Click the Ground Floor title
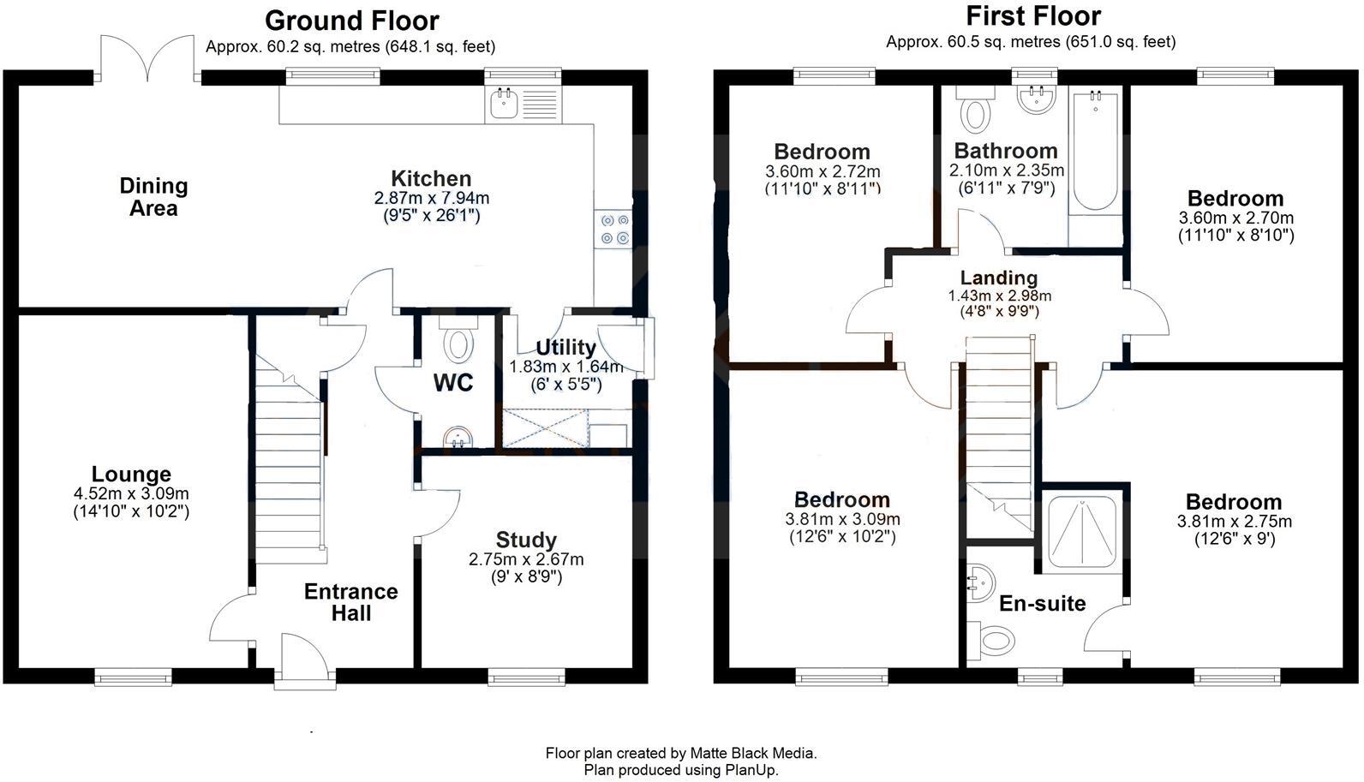pyautogui.click(x=351, y=20)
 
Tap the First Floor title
pyautogui.click(x=1032, y=15)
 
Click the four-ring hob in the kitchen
pyautogui.click(x=614, y=229)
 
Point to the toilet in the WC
pyautogui.click(x=459, y=344)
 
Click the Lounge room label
pyautogui.click(x=131, y=475)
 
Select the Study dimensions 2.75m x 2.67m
pyautogui.click(x=526, y=559)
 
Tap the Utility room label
pyautogui.click(x=565, y=348)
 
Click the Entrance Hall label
pyautogui.click(x=350, y=602)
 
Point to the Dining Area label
pyautogui.click(x=153, y=197)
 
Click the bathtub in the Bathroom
pyautogui.click(x=1094, y=150)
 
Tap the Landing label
pyautogui.click(x=998, y=278)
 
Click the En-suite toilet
pyautogui.click(x=996, y=639)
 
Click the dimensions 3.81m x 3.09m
pyautogui.click(x=842, y=519)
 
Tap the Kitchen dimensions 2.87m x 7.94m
pyautogui.click(x=431, y=198)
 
